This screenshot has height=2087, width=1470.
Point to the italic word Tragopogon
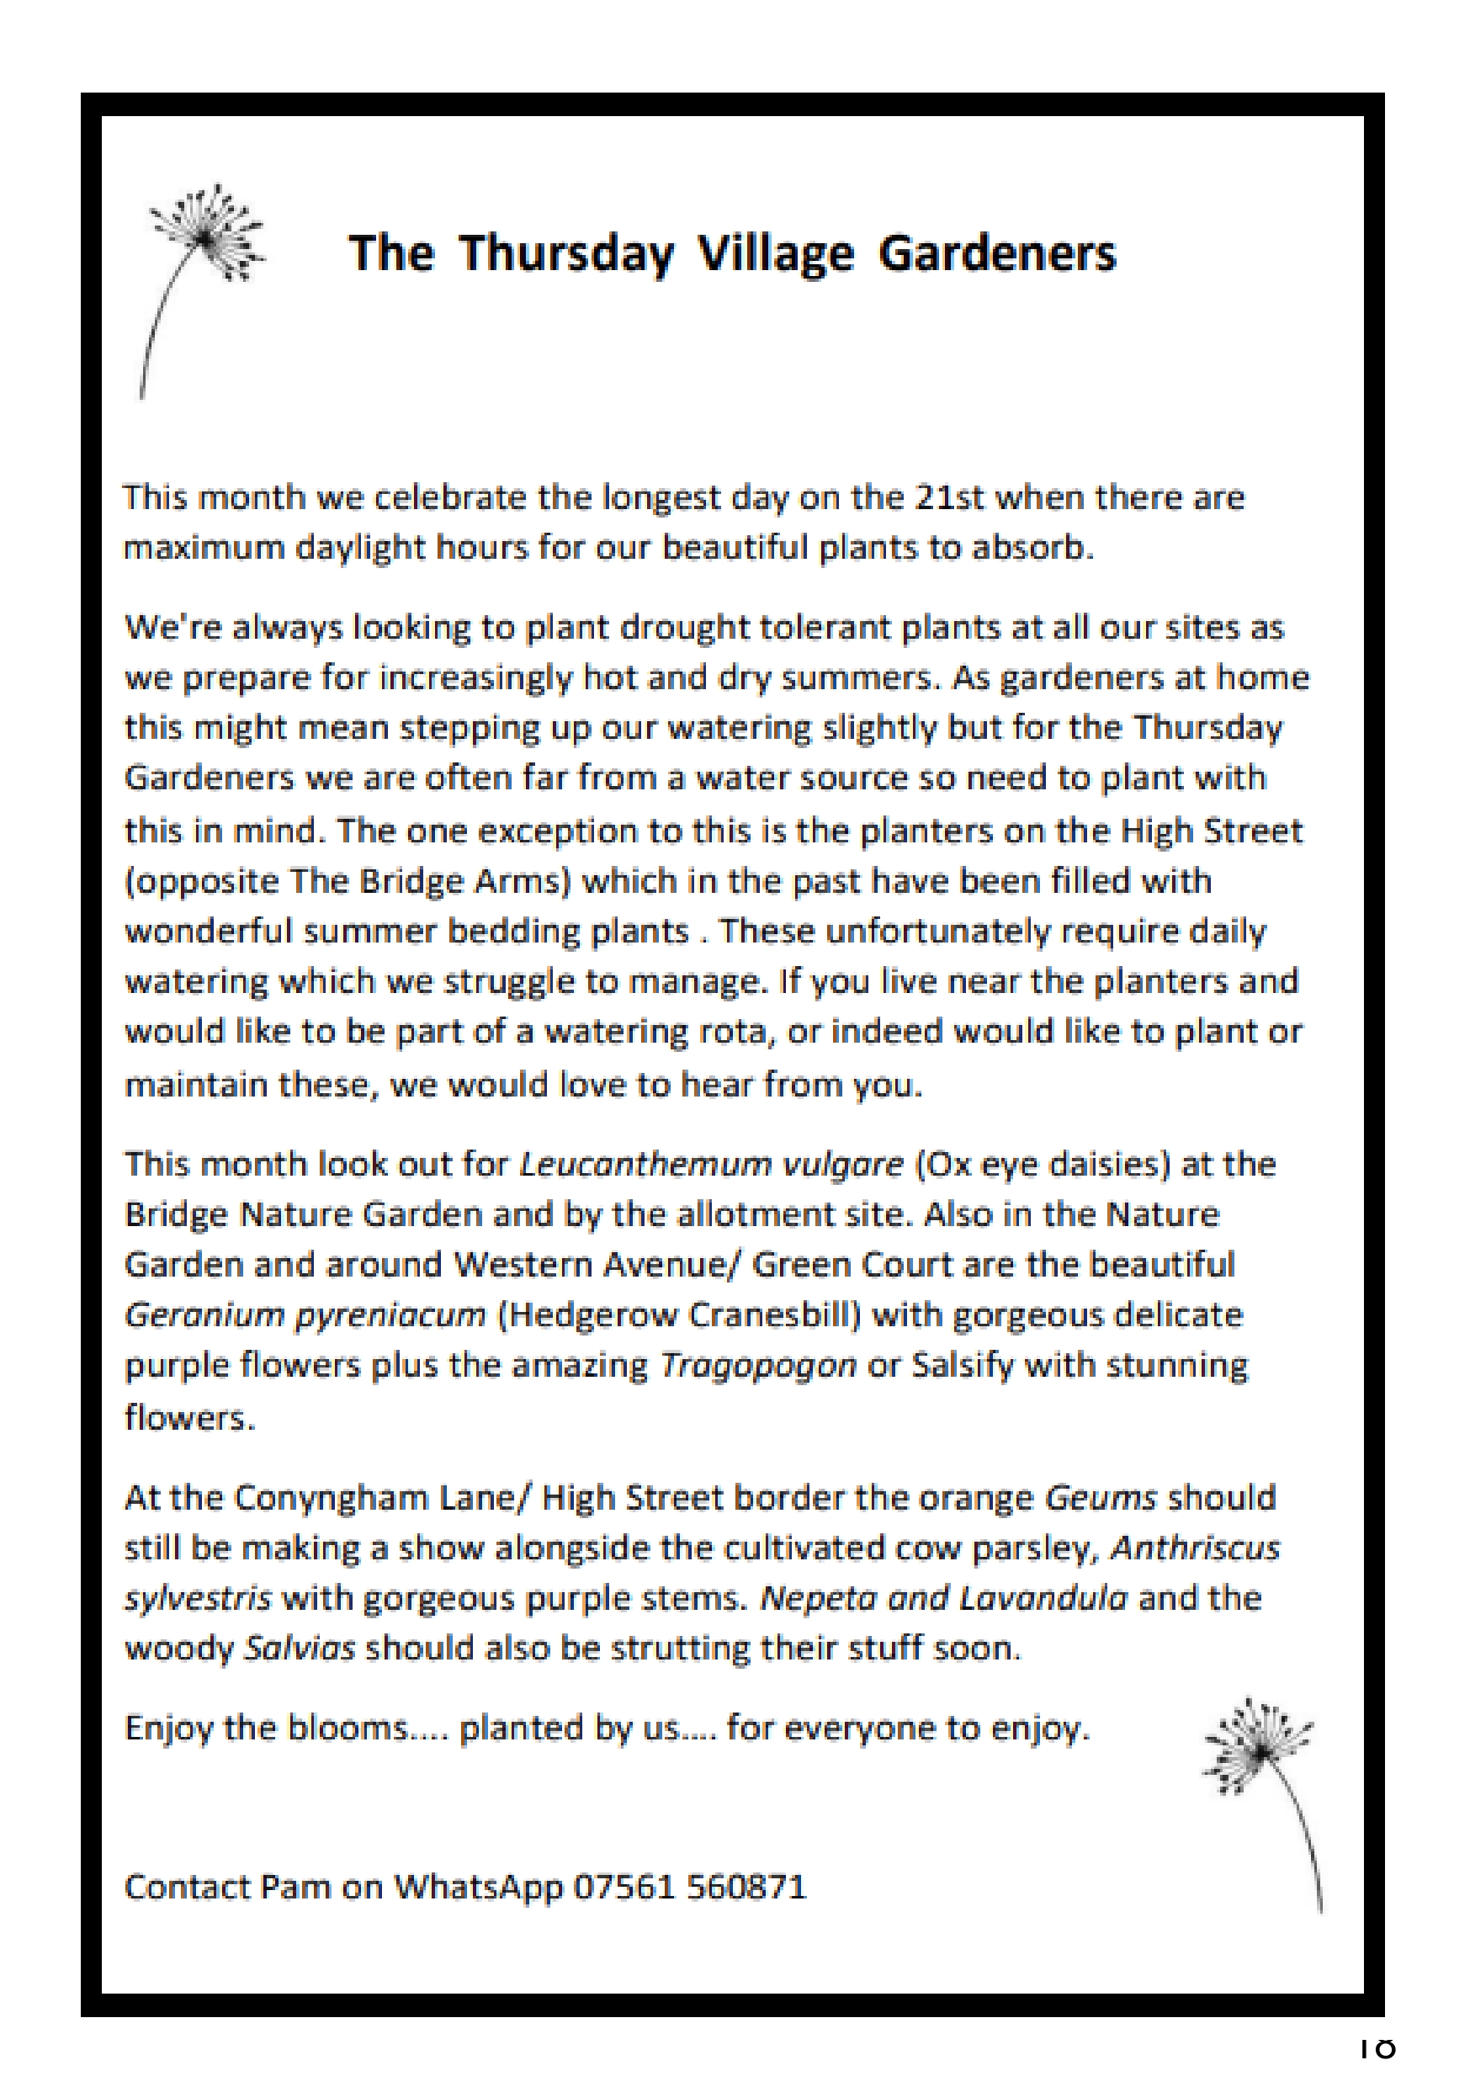(x=757, y=1365)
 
